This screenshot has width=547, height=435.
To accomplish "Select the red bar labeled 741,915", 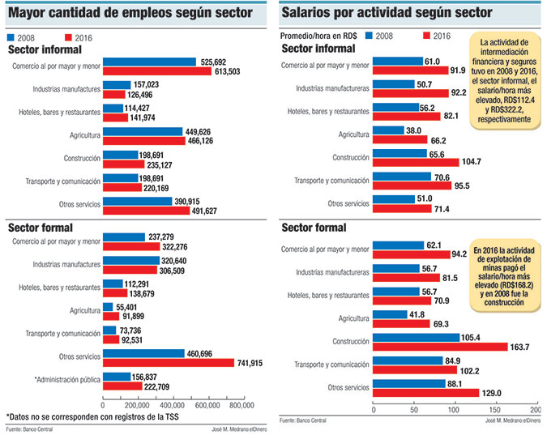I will [x=168, y=362].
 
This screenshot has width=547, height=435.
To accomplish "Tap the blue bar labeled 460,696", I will [x=143, y=353].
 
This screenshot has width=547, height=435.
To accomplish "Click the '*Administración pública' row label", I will [x=67, y=380].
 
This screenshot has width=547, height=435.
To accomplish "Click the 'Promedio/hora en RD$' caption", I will [x=319, y=36].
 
